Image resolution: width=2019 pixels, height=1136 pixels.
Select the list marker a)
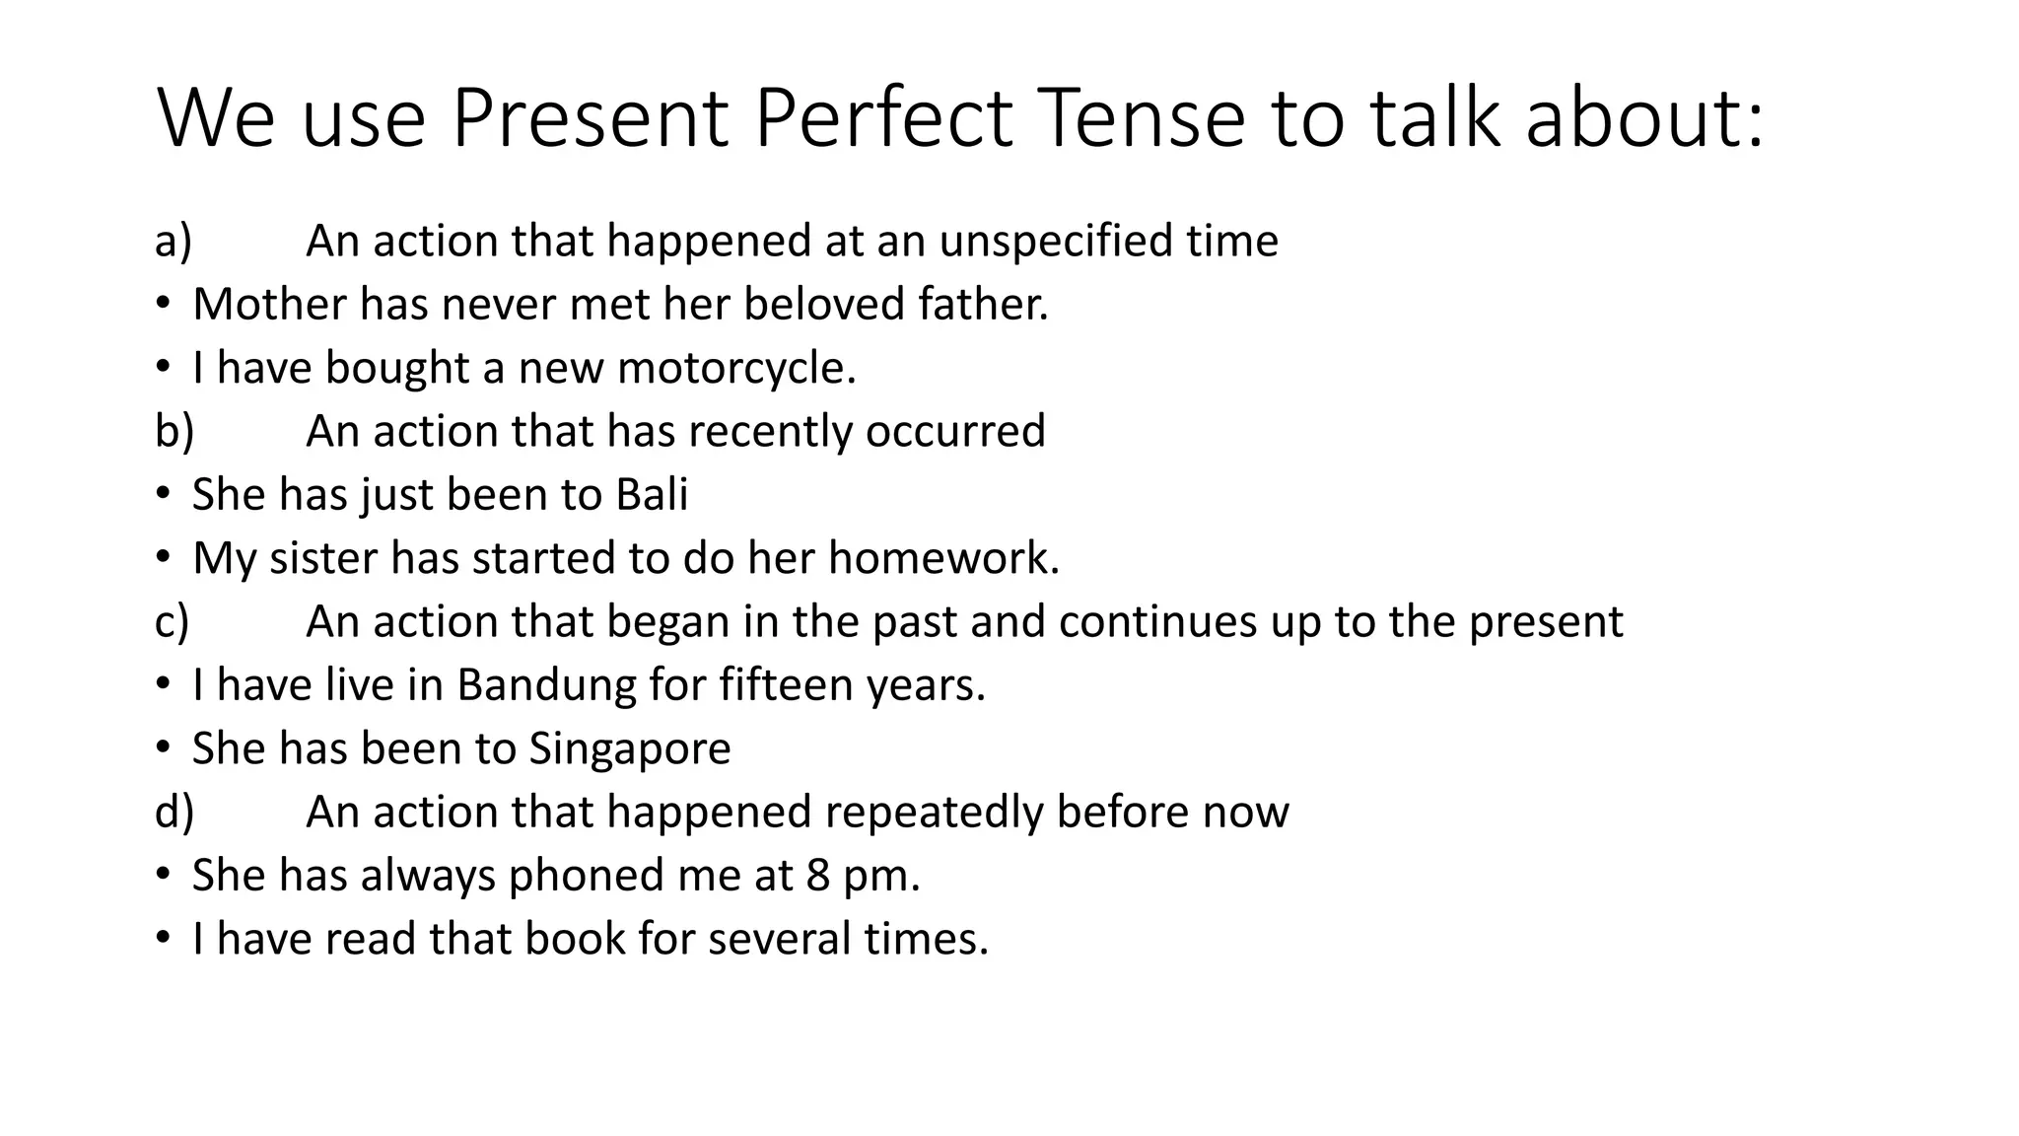[174, 242]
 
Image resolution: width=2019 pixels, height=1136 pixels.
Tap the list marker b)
[174, 432]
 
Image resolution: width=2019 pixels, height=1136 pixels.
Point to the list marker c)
[173, 622]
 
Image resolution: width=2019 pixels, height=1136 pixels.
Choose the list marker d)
[174, 813]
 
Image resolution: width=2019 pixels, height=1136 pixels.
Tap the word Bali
[652, 495]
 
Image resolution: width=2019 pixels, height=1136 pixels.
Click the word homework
[942, 558]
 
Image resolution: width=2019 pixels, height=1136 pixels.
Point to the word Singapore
[630, 749]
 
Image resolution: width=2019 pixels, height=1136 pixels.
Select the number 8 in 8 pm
[818, 876]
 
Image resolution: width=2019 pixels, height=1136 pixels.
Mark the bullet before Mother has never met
[163, 305]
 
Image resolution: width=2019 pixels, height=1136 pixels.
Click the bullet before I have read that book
[163, 939]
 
